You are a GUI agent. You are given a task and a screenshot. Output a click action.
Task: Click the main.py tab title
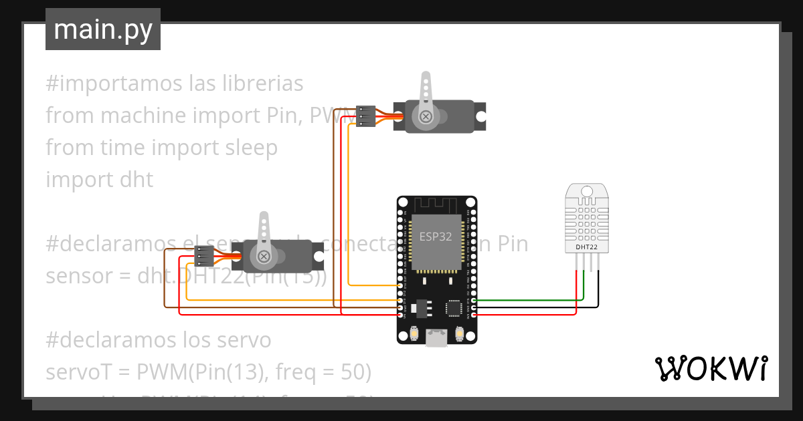coord(102,29)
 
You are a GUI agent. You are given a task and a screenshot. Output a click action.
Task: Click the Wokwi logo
coord(711,369)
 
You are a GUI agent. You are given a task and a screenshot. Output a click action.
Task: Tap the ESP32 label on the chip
coord(436,236)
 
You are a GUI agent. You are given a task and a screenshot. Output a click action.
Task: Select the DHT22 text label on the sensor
coord(586,247)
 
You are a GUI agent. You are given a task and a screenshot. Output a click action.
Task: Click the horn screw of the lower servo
coord(264,256)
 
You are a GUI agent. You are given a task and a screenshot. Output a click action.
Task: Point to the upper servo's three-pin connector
coord(365,116)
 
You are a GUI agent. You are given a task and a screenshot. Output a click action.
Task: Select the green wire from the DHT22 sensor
coord(529,300)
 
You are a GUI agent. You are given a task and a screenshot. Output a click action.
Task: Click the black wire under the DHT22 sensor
coord(598,287)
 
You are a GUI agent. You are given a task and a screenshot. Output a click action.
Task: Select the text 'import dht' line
coord(99,180)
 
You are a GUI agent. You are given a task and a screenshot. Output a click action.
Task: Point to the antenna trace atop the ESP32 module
coord(436,202)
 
